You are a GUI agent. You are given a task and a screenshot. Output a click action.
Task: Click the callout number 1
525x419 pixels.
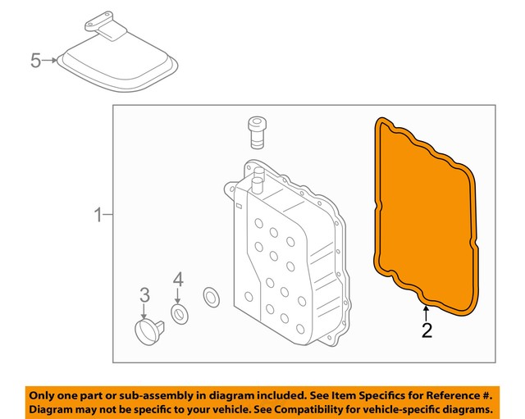(98, 216)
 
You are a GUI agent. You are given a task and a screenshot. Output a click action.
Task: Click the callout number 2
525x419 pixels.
(426, 331)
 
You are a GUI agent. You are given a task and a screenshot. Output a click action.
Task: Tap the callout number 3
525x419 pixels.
(144, 294)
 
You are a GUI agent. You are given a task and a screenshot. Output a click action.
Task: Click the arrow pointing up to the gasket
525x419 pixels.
(426, 312)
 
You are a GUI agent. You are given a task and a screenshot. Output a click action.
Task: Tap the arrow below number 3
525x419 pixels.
(144, 312)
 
